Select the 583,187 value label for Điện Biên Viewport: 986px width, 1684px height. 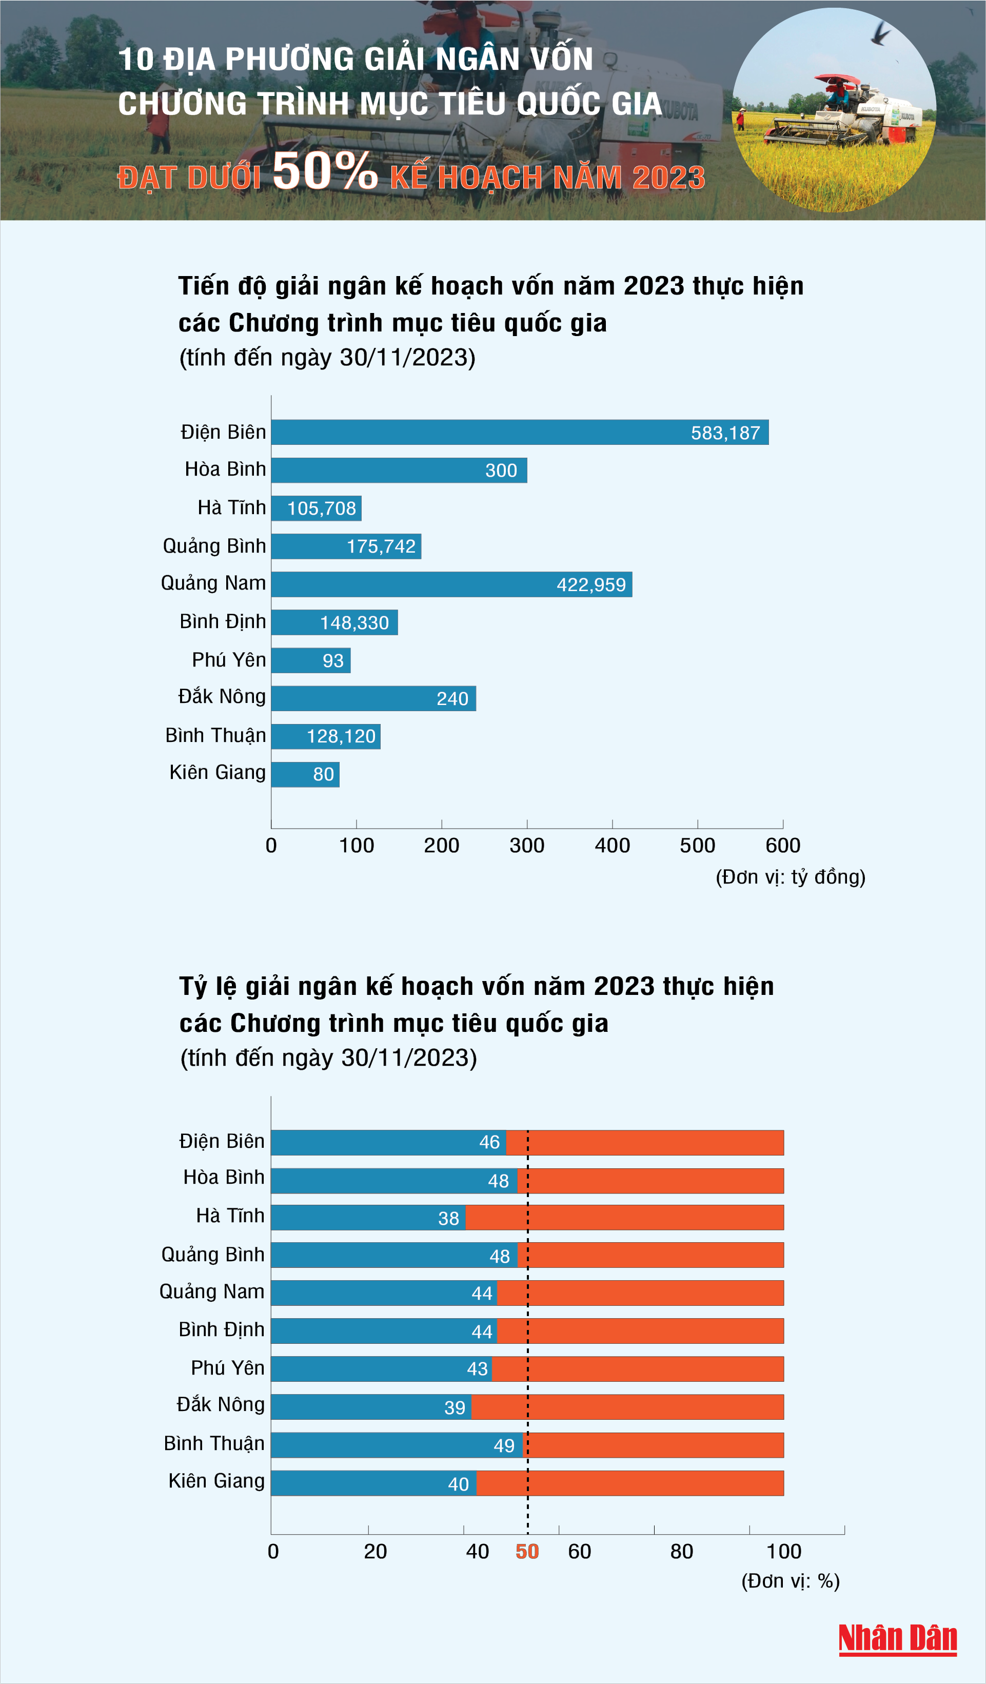[x=725, y=433]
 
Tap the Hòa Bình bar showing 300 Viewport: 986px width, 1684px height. [x=399, y=471]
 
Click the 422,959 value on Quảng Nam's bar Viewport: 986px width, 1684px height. [x=590, y=585]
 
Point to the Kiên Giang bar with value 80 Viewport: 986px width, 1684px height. [x=305, y=774]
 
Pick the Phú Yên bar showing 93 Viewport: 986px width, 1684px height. [x=311, y=660]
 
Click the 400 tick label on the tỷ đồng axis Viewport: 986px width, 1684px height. [x=612, y=846]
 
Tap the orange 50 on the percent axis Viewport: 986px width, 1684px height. [x=527, y=1552]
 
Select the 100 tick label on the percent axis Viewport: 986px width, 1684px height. [x=783, y=1552]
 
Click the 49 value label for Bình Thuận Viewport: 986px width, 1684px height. [x=504, y=1446]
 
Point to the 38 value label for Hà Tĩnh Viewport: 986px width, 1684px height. [x=448, y=1218]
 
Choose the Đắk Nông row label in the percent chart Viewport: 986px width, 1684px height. [x=221, y=1405]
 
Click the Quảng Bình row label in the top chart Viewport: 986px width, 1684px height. [x=214, y=546]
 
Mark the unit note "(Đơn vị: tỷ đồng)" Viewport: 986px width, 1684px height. [x=790, y=877]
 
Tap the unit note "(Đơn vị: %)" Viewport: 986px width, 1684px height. [x=790, y=1581]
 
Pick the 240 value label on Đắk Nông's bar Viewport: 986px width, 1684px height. [x=452, y=698]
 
